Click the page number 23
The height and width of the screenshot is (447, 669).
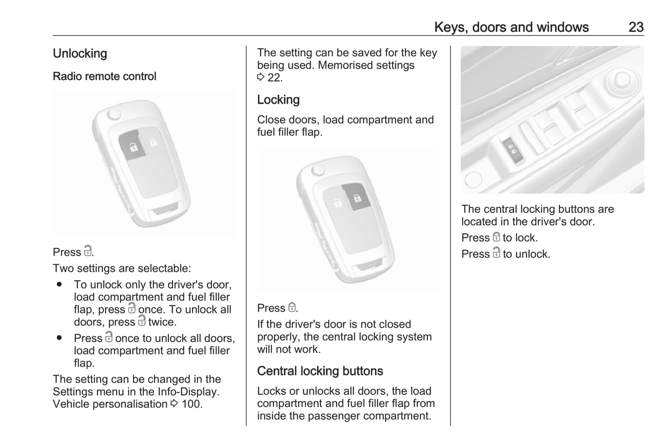tap(636, 27)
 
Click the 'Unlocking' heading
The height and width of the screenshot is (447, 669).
tap(80, 54)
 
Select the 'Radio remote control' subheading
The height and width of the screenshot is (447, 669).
tap(104, 76)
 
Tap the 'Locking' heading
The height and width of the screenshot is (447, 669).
tap(278, 100)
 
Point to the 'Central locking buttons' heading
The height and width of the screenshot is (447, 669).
tap(320, 371)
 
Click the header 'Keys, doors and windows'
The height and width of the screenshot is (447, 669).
tap(511, 27)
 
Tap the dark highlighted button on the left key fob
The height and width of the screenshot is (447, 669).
tap(133, 147)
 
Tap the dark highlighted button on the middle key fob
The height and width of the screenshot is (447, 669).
tap(356, 197)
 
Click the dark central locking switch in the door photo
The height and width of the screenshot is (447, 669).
tap(513, 150)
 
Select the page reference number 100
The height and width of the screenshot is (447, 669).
tap(192, 404)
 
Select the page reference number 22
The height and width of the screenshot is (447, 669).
tap(275, 78)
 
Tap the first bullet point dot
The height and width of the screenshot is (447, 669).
tap(59, 284)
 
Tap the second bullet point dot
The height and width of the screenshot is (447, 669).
tap(59, 338)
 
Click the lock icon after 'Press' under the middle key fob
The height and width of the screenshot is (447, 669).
tap(292, 308)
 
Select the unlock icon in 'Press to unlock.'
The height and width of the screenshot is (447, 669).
tap(496, 253)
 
